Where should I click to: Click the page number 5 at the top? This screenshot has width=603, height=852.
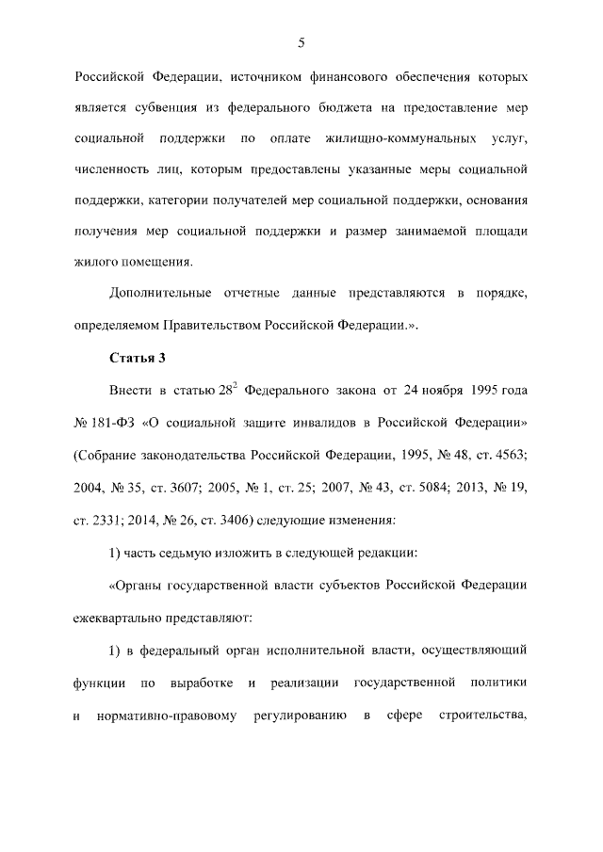[301, 42]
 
